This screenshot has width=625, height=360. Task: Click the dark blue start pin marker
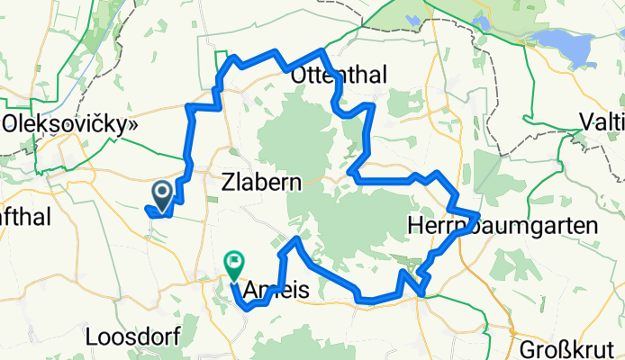tap(163, 194)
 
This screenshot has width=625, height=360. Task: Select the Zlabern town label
tap(261, 182)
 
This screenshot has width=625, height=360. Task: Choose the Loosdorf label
tap(134, 337)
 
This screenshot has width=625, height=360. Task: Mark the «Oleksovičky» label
tap(69, 124)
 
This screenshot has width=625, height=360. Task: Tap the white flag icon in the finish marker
tap(234, 263)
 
